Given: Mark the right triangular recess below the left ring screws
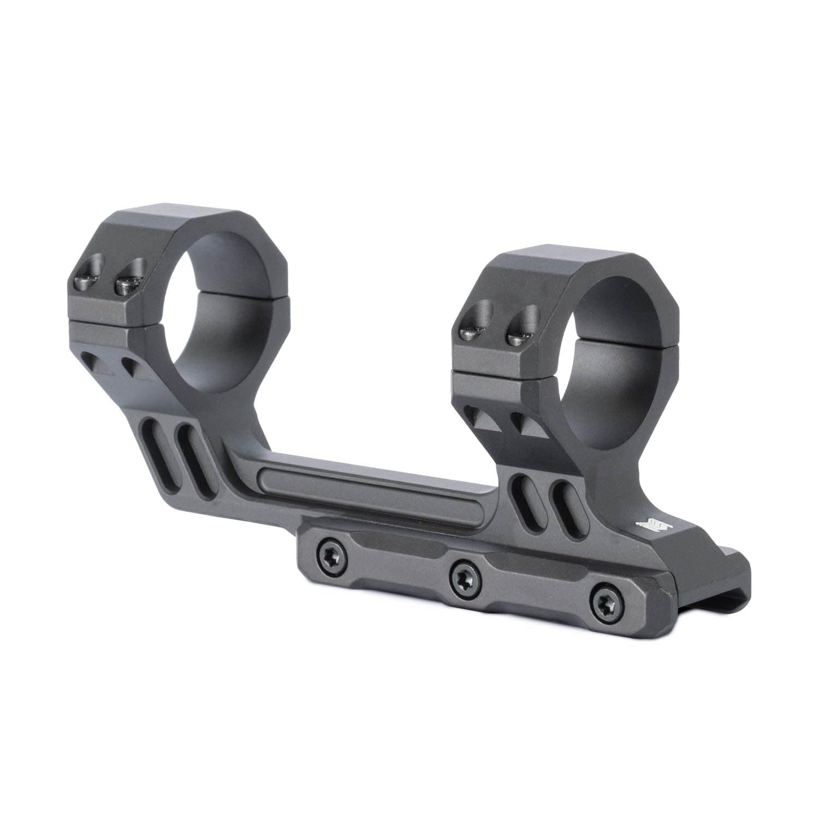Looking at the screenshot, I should (134, 368).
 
